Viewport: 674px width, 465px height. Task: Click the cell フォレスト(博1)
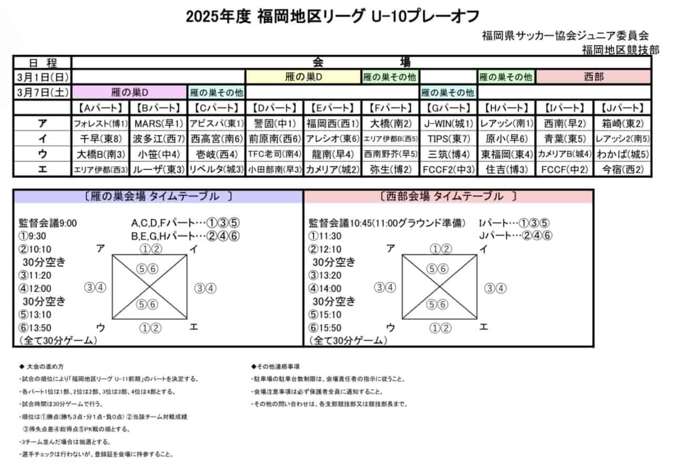[100, 124]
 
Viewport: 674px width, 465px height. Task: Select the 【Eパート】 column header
[332, 108]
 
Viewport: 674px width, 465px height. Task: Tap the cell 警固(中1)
[274, 124]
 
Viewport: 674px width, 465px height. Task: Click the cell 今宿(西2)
[622, 169]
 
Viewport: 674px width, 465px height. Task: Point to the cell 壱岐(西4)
[216, 154]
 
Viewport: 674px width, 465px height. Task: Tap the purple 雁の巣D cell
[130, 93]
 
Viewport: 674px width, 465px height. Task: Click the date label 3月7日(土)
[42, 93]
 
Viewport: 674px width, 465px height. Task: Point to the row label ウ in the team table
[42, 154]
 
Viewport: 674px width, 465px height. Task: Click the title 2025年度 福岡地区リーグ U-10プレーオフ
[332, 17]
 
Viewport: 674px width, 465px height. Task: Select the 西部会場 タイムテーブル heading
[448, 197]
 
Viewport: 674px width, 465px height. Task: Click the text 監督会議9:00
[48, 223]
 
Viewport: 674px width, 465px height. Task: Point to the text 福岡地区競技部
[620, 49]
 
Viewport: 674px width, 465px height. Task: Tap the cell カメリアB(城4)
[564, 154]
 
